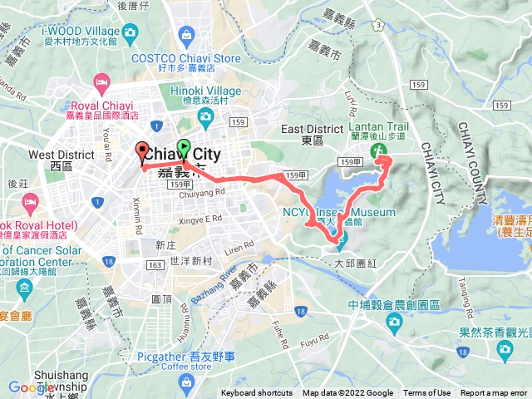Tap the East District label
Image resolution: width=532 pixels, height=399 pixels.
313,129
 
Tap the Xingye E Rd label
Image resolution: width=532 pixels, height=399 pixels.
201,219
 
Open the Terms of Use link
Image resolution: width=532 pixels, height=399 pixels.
427,393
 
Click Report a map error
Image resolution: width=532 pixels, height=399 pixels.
494,393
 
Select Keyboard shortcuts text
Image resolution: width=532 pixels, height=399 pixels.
257,393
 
